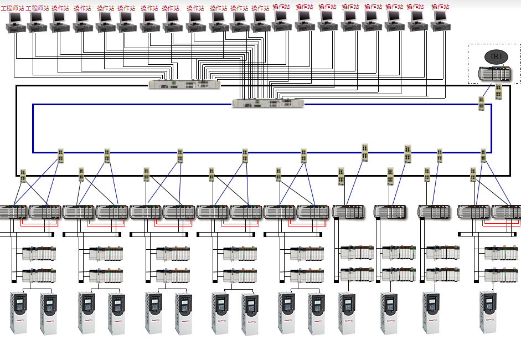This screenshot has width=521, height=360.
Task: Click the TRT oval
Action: [x=496, y=56]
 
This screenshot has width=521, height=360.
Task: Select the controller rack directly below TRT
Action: [x=495, y=73]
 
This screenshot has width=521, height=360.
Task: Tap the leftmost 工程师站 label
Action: [x=13, y=8]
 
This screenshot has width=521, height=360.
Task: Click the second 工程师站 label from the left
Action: [x=37, y=8]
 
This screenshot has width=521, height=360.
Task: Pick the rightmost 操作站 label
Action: [x=441, y=7]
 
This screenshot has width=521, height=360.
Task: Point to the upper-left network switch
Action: [x=184, y=84]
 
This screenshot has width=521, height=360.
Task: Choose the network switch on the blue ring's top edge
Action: [x=268, y=103]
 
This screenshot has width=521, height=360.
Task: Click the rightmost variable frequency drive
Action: [x=488, y=312]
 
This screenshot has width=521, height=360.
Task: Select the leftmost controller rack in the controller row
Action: [x=12, y=212]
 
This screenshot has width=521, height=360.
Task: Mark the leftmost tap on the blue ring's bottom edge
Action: [x=61, y=156]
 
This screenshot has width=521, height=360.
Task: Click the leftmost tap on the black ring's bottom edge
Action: [x=23, y=176]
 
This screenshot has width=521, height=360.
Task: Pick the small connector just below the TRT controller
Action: [x=499, y=91]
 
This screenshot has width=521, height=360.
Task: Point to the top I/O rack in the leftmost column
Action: [x=39, y=254]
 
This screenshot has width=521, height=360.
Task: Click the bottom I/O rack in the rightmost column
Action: [x=501, y=275]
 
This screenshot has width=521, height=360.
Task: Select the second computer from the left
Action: [x=36, y=20]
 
